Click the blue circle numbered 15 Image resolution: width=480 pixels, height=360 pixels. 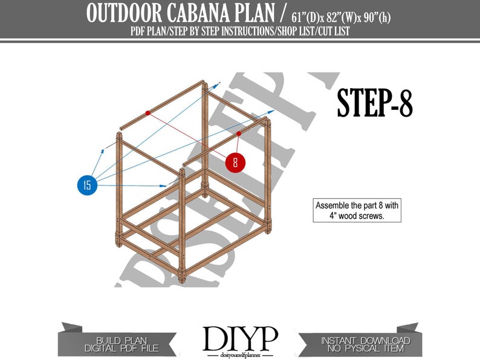[88, 185]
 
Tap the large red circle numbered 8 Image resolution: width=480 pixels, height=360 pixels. [235, 162]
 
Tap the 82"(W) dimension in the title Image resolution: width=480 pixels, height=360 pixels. [337, 16]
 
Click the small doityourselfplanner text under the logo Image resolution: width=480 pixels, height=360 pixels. [240, 353]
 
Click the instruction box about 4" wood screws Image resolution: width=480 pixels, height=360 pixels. [356, 210]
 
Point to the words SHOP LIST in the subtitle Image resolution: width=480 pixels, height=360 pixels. [290, 31]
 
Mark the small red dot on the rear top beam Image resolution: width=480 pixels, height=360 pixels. [148, 112]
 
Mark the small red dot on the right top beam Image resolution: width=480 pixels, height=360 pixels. [239, 133]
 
